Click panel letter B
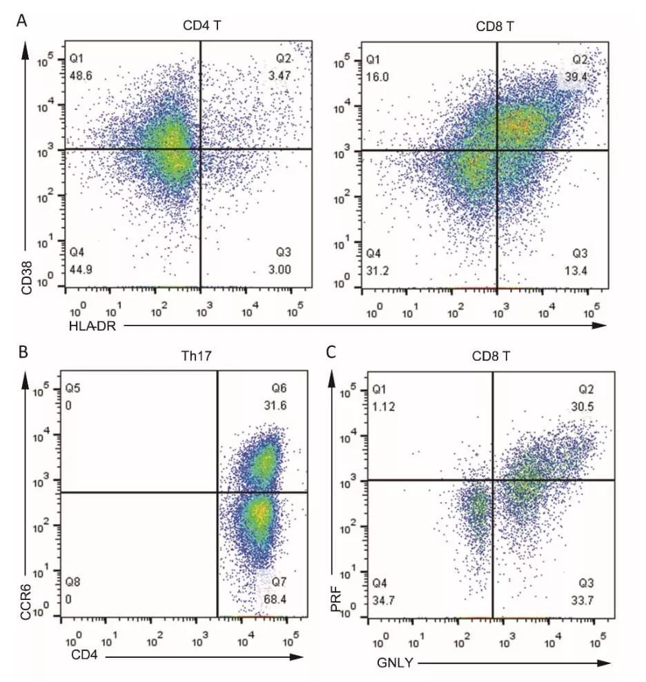[23, 352]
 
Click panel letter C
[331, 352]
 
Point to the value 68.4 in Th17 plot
[275, 599]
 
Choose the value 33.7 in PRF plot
[584, 599]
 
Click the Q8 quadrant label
[72, 583]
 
